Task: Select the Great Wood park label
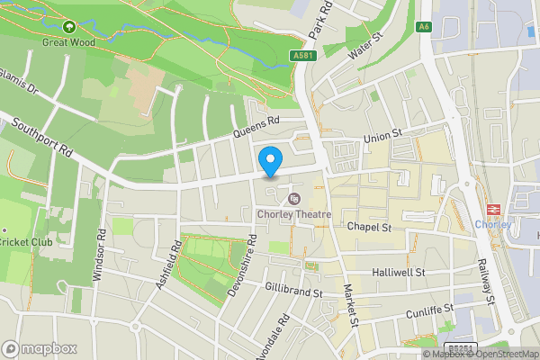67,41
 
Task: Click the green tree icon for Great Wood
68,27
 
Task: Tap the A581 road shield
303,56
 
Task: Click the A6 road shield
424,27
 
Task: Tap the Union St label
382,138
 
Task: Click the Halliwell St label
397,271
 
